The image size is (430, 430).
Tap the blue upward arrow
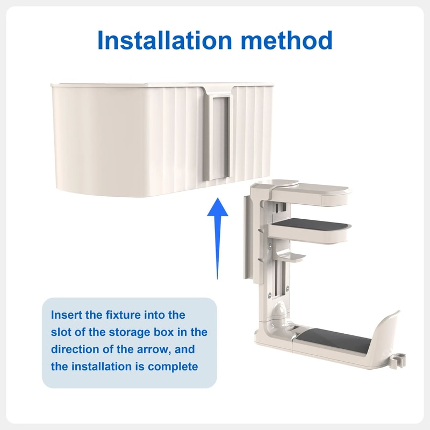pos(218,238)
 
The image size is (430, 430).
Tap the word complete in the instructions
pos(173,367)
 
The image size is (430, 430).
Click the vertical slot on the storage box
pos(219,137)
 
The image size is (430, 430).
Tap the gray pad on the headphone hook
pos(334,340)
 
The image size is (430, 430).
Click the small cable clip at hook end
pos(397,361)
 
